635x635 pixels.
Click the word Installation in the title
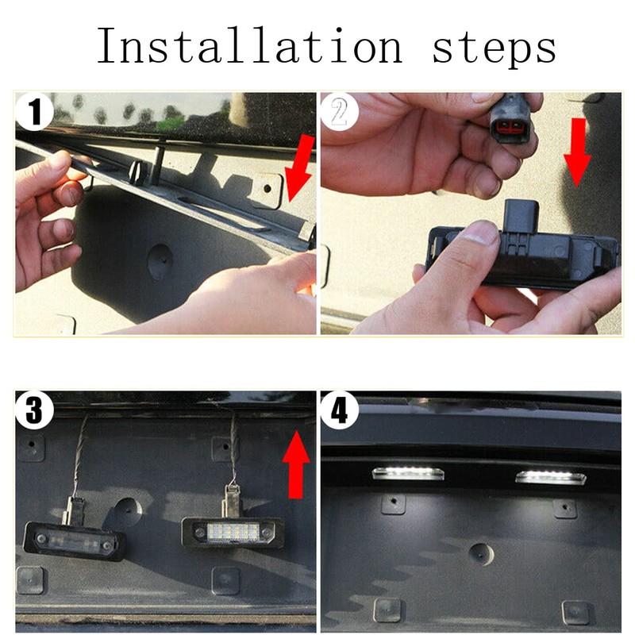click(249, 45)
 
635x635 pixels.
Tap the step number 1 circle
click(34, 112)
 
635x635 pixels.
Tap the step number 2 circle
click(340, 112)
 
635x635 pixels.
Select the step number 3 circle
click(34, 410)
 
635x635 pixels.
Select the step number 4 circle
click(340, 410)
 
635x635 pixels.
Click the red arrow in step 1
click(300, 167)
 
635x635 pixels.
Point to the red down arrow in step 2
click(578, 152)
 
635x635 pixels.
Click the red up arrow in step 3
click(296, 464)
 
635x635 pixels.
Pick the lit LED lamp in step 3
click(233, 532)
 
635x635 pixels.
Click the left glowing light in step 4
click(408, 472)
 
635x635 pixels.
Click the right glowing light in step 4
click(551, 477)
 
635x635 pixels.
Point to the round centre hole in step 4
click(482, 554)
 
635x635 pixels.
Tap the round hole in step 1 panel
click(160, 262)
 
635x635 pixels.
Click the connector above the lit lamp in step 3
click(231, 501)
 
